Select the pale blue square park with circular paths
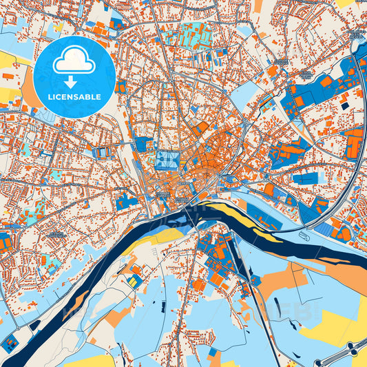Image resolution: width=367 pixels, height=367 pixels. (x=167, y=160)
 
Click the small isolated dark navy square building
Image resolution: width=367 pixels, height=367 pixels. (x=344, y=105)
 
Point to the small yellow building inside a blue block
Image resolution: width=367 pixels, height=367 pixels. (x=131, y=281)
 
